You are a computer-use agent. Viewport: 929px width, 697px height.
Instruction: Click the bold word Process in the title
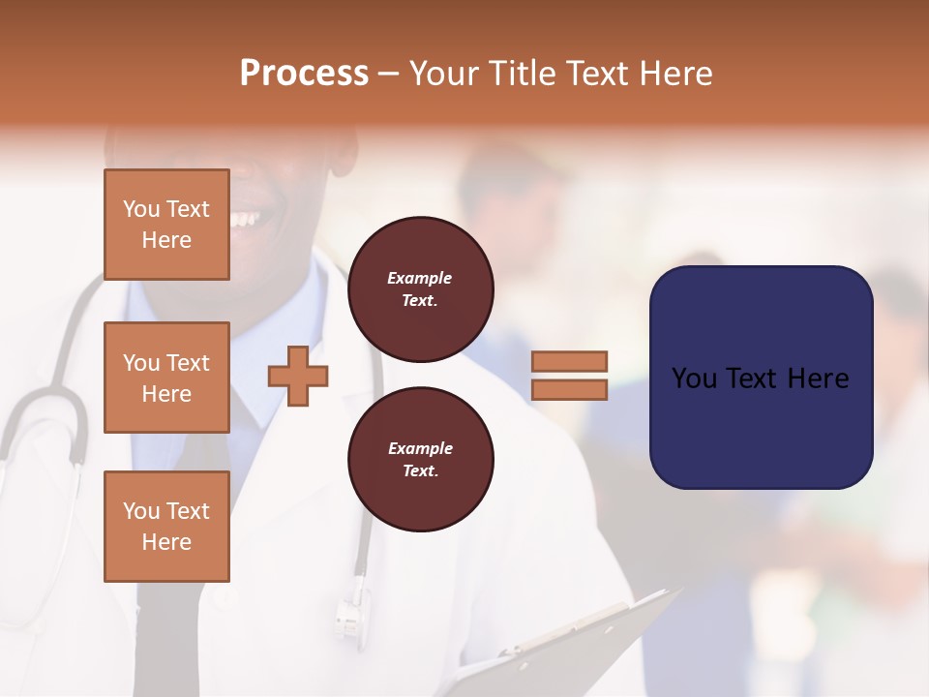pyautogui.click(x=304, y=74)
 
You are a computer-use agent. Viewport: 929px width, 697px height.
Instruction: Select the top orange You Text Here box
pyautogui.click(x=166, y=225)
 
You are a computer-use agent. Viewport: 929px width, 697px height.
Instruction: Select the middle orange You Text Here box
pyautogui.click(x=166, y=378)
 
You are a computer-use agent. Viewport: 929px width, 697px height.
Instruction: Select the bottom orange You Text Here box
pyautogui.click(x=166, y=526)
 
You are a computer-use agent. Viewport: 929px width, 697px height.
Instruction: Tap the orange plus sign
pyautogui.click(x=298, y=375)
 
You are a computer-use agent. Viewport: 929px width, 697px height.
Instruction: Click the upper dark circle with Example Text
pyautogui.click(x=421, y=288)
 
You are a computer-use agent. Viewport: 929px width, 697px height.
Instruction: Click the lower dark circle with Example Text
pyautogui.click(x=421, y=459)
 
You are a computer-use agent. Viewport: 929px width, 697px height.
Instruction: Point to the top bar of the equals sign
pyautogui.click(x=569, y=361)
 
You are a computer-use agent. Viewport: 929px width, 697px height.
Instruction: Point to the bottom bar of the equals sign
pyautogui.click(x=569, y=389)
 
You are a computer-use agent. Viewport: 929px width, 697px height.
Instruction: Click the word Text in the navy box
pyautogui.click(x=760, y=379)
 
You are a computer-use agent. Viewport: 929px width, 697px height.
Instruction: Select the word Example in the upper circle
pyautogui.click(x=420, y=278)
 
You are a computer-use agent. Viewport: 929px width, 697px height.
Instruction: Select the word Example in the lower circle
pyautogui.click(x=420, y=448)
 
